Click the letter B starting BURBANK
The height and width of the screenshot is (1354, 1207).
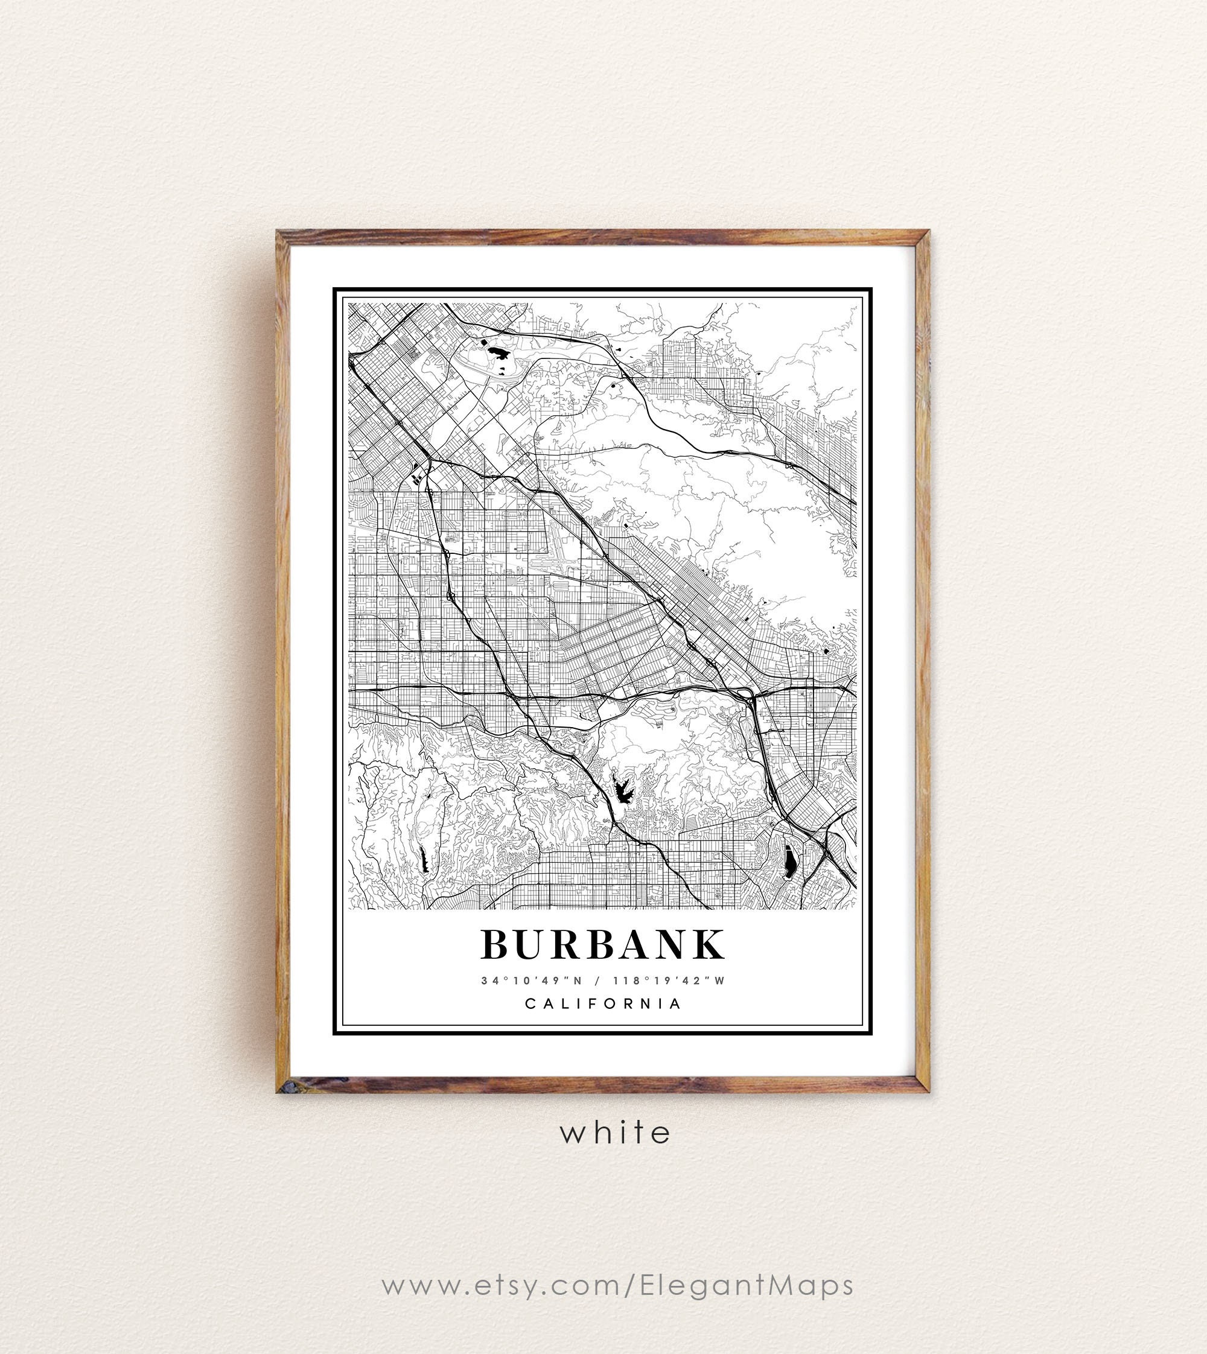point(495,944)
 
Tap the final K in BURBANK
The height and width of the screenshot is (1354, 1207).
point(708,944)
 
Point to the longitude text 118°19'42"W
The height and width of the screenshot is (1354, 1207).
point(669,981)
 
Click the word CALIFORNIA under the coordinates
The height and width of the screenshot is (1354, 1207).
point(603,1004)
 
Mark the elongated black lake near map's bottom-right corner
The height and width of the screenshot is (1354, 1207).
point(790,862)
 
